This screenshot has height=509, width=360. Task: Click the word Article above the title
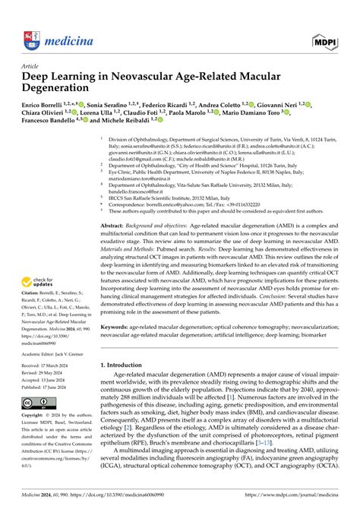point(32,65)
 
